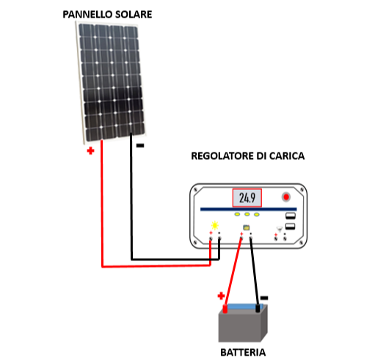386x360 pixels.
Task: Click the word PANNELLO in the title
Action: click(87, 14)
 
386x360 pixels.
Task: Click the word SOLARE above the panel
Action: click(134, 14)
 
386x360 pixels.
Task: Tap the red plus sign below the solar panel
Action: click(90, 151)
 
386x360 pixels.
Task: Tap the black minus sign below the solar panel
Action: click(140, 146)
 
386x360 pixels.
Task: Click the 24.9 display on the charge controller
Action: click(247, 198)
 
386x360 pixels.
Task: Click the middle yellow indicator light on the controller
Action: click(247, 214)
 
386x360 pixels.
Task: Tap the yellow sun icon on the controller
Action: click(215, 225)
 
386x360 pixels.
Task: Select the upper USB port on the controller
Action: click(291, 216)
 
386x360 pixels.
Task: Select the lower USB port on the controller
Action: click(291, 226)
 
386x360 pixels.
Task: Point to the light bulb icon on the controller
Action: click(279, 229)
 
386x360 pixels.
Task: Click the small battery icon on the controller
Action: click(246, 227)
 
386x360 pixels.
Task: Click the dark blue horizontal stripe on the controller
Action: click(248, 209)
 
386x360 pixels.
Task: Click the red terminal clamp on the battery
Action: click(225, 309)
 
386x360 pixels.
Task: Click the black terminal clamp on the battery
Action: click(258, 308)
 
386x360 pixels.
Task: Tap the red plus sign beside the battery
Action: click(222, 295)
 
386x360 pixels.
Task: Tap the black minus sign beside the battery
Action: click(264, 298)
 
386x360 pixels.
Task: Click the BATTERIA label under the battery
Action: click(243, 353)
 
